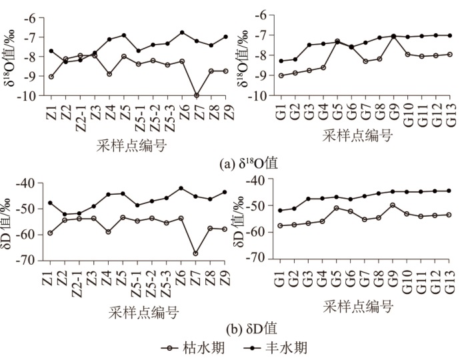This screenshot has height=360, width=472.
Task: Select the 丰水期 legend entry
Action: pyautogui.click(x=277, y=347)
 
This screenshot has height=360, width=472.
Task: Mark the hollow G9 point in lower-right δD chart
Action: pyautogui.click(x=393, y=205)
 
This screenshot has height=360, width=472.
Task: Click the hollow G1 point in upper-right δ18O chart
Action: pyautogui.click(x=281, y=75)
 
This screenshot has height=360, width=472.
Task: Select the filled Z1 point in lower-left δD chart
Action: pyautogui.click(x=51, y=203)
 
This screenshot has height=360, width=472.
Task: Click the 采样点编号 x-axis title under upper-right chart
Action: pyautogui.click(x=358, y=135)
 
